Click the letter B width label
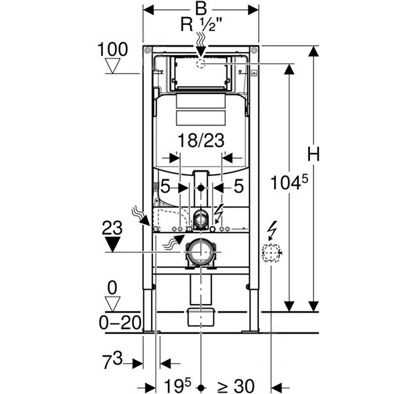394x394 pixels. click(x=201, y=9)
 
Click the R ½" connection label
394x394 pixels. click(x=202, y=25)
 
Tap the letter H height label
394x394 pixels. click(x=314, y=154)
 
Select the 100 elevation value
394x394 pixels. click(x=112, y=49)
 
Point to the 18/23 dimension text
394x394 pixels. click(x=201, y=141)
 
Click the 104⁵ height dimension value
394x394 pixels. click(x=289, y=182)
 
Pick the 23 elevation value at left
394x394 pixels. click(x=112, y=228)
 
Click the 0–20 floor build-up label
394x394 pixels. click(x=120, y=322)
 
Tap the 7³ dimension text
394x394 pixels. click(x=112, y=361)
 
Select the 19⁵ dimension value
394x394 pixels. click(x=177, y=385)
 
